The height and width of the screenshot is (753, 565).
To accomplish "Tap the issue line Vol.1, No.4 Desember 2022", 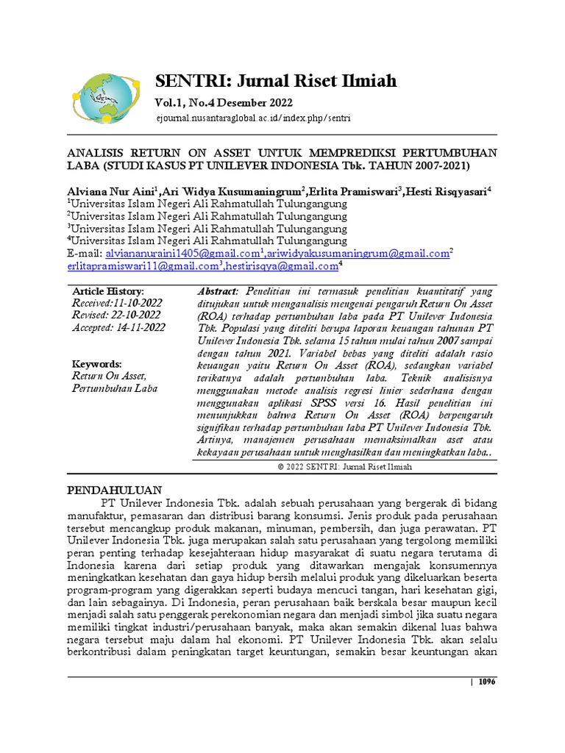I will coord(224,102).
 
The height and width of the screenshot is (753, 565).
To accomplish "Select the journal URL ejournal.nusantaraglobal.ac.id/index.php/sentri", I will coord(253,118).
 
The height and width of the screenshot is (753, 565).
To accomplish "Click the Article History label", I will coord(108,292).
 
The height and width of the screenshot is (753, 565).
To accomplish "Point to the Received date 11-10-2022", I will coord(117,304).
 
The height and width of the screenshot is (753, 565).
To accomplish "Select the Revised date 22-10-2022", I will coord(115,315).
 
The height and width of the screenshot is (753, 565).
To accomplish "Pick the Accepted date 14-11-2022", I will coord(118,328).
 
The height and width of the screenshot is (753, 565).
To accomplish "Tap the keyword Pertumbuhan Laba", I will coord(115,388).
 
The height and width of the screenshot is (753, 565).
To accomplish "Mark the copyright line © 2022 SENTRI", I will coord(344,466).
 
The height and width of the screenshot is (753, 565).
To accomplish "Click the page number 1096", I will coord(487,682).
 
